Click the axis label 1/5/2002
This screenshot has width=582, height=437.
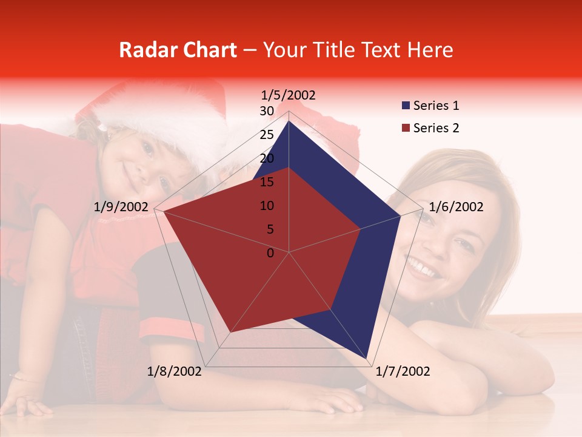[x=289, y=95]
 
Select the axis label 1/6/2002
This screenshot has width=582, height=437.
[x=456, y=207]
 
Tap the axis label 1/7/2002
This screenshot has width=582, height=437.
[x=403, y=371]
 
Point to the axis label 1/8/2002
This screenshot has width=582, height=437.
[x=175, y=371]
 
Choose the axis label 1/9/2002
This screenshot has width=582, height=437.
[x=121, y=207]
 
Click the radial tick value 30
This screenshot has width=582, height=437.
[x=267, y=111]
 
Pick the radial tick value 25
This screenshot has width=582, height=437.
[x=267, y=135]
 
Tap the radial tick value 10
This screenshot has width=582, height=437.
[x=267, y=206]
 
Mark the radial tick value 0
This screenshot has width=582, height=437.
[x=270, y=253]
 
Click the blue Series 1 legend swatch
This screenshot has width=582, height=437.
[x=406, y=106]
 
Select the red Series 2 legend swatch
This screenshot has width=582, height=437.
[x=406, y=128]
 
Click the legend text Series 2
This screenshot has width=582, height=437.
[x=436, y=128]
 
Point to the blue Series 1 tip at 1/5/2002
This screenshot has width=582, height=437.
[x=289, y=121]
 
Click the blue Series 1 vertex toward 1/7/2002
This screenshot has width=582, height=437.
[x=367, y=358]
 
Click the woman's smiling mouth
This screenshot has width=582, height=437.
[x=424, y=267]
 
